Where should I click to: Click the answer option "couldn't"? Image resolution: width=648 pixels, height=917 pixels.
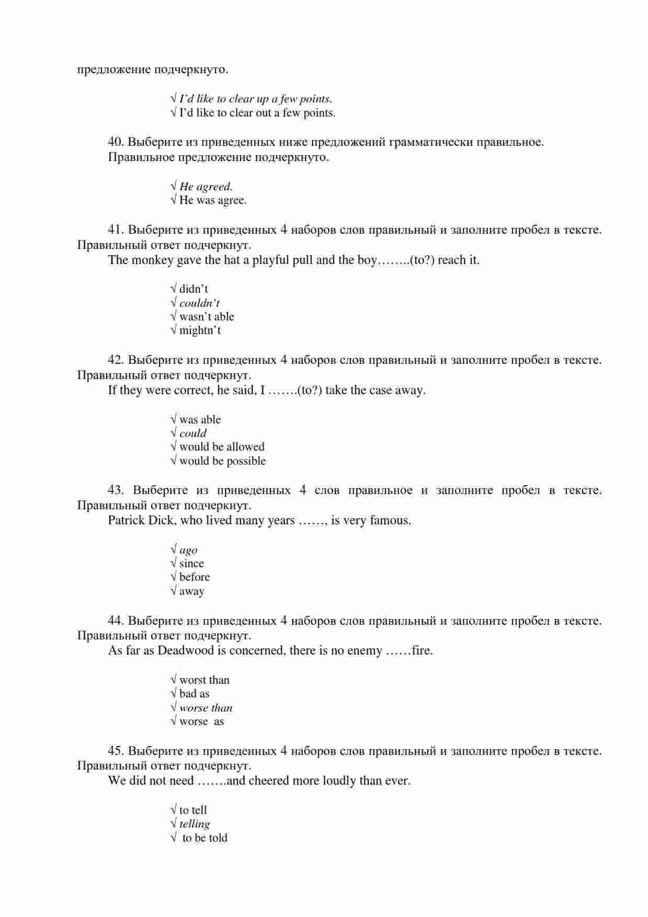pos(199,303)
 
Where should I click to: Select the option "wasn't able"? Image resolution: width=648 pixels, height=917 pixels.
pos(207,317)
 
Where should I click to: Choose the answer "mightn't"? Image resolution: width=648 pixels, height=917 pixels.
pos(200,330)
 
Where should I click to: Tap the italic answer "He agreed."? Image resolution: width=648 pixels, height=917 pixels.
pos(206,187)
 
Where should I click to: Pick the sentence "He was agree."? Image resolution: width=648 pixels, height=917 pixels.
pos(213,200)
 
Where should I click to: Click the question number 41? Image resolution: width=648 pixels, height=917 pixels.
pos(115,230)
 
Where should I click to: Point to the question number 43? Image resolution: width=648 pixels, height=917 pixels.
pos(115,490)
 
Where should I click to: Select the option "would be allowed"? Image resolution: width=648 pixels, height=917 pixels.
pos(222,447)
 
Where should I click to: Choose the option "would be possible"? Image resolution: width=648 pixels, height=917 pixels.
pos(222,461)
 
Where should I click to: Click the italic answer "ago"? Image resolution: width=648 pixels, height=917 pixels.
pos(188,550)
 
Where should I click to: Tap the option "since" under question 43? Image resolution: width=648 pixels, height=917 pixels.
pos(191,564)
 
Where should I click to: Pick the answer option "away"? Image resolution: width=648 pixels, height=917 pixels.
pos(191,591)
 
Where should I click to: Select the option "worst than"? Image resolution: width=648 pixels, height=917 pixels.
pos(204,680)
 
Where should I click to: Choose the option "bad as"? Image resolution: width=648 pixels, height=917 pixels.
pos(194,694)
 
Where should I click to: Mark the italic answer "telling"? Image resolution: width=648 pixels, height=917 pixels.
pos(195,824)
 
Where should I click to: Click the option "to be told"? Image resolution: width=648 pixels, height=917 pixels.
pos(204,838)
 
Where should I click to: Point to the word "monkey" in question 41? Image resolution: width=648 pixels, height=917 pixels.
pos(152,260)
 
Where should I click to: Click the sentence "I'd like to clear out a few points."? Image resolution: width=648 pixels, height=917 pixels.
pos(257,113)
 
